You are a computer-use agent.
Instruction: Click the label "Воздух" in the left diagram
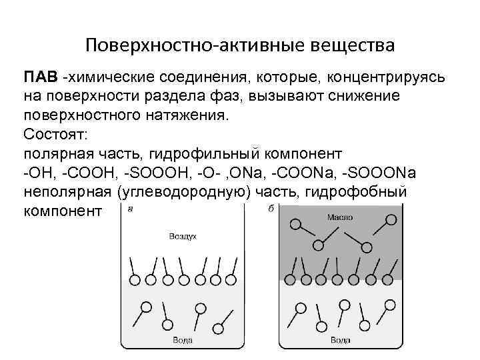182,237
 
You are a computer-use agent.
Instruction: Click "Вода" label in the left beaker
182,341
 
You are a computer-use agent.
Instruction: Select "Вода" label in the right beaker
341,341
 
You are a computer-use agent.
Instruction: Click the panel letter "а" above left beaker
129,208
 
